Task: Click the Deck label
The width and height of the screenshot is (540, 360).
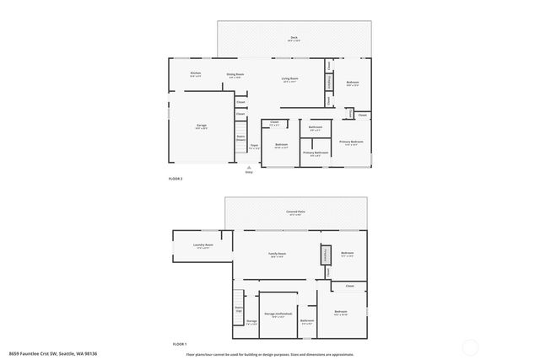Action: [294, 38]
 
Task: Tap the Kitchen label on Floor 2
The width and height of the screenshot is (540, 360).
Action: [195, 73]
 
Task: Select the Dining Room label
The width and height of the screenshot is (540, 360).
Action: [235, 75]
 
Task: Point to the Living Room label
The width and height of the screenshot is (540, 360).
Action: [289, 79]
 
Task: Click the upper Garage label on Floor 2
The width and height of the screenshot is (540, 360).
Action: [202, 126]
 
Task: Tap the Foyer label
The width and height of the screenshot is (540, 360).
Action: [254, 145]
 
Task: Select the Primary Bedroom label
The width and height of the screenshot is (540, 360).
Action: [351, 142]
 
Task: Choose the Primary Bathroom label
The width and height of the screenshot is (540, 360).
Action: [315, 153]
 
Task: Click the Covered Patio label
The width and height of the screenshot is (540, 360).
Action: [295, 212]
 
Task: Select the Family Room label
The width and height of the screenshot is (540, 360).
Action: [278, 255]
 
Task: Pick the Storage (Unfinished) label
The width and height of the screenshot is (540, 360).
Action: [278, 313]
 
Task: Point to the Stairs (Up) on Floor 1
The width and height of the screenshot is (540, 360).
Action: [239, 309]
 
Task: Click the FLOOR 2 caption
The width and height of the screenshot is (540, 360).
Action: [176, 180]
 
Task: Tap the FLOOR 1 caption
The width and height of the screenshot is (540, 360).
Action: [179, 344]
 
